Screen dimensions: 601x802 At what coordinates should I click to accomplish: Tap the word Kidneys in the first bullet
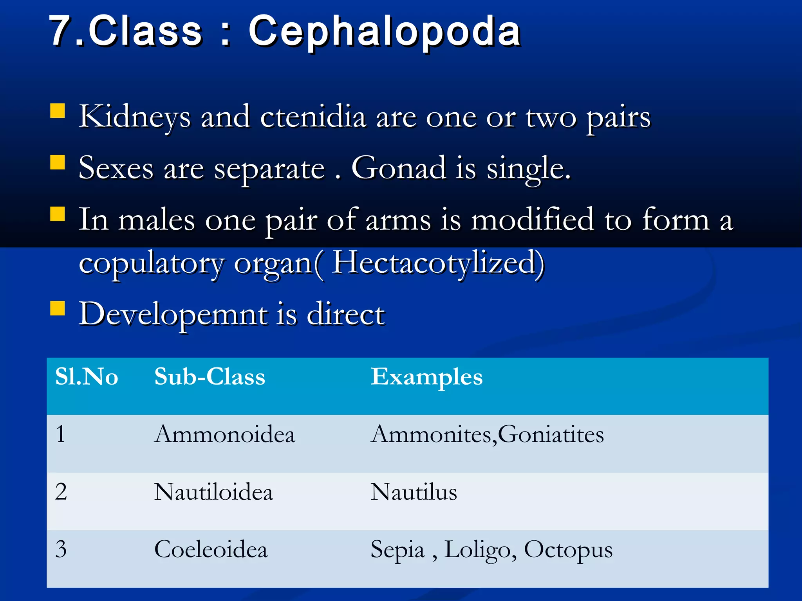click(135, 117)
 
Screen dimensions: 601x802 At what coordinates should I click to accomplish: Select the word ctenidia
click(313, 117)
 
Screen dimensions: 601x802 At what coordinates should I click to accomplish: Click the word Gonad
click(399, 168)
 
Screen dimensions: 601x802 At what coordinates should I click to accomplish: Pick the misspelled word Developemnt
click(173, 314)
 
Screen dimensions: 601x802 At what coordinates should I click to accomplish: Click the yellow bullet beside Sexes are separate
click(58, 162)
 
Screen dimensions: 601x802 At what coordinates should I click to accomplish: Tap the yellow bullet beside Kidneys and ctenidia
click(58, 111)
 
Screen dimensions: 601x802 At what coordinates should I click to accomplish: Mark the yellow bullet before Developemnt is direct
click(58, 308)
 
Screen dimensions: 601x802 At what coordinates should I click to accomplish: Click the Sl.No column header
click(87, 377)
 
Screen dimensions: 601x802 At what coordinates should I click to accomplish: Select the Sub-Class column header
click(210, 377)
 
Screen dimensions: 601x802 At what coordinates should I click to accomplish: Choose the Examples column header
click(426, 377)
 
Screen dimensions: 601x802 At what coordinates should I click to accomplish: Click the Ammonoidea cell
click(224, 434)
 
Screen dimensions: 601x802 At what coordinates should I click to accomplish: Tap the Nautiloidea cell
click(213, 492)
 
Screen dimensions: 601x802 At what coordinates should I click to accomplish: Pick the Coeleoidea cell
click(211, 549)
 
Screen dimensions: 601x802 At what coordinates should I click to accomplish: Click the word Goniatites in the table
click(551, 434)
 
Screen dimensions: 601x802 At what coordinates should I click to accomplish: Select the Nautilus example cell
click(414, 492)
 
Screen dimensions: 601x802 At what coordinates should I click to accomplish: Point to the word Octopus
click(568, 550)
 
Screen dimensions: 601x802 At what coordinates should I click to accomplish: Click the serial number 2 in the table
click(61, 492)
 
